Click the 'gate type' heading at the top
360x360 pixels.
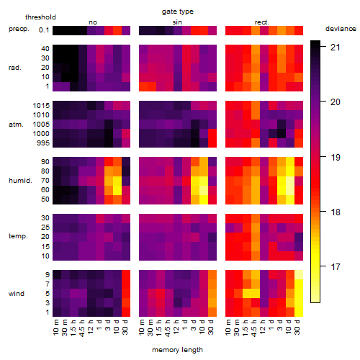178,12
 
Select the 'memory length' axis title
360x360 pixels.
177,350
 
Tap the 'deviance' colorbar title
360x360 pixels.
341,29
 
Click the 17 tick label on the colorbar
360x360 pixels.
336,266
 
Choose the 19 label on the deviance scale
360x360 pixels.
336,157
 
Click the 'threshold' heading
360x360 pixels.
40,17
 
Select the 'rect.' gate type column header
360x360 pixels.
262,22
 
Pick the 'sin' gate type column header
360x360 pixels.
177,22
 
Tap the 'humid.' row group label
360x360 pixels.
20,181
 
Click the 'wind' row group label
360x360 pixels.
17,294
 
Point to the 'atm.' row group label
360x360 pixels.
16,125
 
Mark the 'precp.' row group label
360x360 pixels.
19,29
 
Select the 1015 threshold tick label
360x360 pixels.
41,106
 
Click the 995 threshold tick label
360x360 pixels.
43,143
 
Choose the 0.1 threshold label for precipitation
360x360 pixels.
44,30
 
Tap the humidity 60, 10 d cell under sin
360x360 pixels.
204,190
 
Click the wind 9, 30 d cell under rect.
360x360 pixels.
299,275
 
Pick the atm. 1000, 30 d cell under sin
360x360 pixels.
212,134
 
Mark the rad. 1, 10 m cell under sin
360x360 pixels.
143,86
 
